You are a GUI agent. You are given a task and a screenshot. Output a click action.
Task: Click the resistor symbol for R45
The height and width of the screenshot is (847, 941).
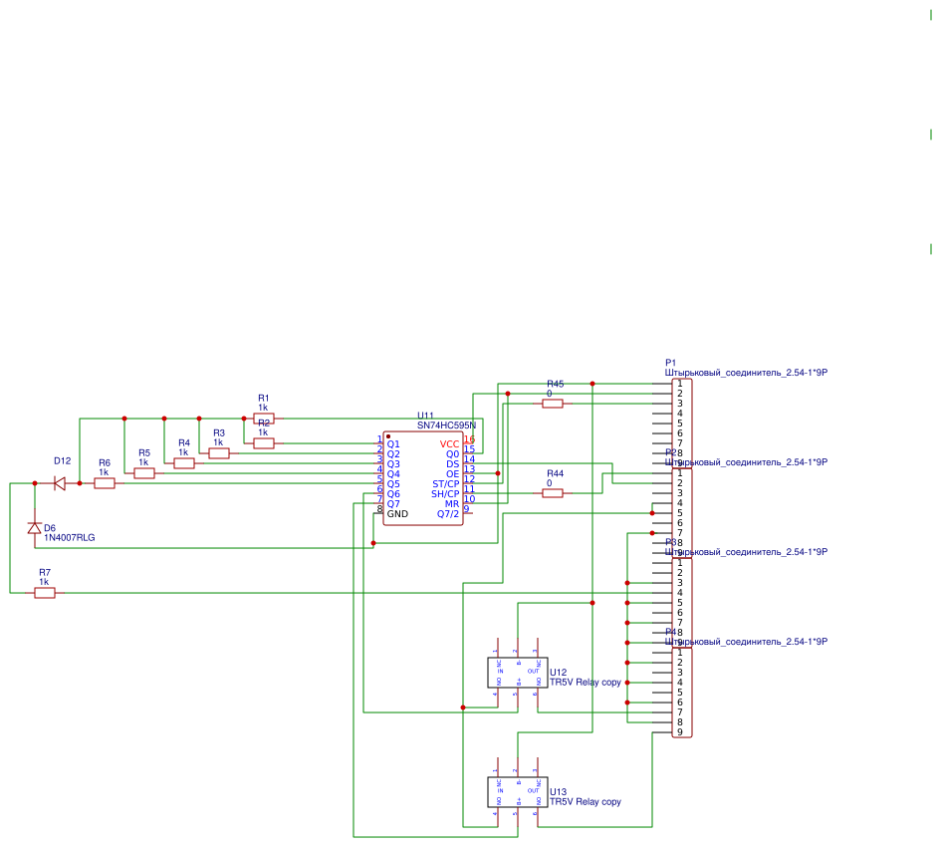553,404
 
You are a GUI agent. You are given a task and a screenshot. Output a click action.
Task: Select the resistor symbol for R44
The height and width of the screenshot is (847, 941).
553,493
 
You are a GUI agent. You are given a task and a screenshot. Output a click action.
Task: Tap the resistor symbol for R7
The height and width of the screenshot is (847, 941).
45,593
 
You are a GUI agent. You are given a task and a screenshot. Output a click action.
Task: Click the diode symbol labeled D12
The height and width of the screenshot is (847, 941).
60,483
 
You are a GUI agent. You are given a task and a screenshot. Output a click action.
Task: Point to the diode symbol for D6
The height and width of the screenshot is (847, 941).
35,528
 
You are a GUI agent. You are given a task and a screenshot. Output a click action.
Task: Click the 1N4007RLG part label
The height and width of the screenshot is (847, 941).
70,538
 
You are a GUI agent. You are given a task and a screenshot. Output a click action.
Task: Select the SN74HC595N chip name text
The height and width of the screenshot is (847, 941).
446,425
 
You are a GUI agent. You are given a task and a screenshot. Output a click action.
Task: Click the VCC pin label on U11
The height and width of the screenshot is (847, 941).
450,443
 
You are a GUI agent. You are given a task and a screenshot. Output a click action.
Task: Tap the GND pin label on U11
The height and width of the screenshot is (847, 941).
397,514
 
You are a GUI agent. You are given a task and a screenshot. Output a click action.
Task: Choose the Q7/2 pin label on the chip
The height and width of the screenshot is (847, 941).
448,514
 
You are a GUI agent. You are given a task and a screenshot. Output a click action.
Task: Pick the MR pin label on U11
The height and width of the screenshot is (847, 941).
452,504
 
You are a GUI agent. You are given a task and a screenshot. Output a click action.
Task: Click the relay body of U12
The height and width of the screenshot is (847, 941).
517,673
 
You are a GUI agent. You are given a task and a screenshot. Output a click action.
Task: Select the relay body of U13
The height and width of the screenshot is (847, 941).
517,792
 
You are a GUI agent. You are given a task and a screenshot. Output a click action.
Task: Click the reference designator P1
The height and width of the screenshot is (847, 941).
670,363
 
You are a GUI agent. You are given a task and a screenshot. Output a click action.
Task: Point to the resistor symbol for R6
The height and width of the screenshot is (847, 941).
105,483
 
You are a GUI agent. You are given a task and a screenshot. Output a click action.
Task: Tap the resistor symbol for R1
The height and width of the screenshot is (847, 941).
264,419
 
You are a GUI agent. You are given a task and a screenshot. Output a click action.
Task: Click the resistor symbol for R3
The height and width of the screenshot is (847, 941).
219,453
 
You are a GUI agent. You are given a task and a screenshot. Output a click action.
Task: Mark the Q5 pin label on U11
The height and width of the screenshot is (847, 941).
393,484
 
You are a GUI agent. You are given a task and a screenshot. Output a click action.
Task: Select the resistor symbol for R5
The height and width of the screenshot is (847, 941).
144,473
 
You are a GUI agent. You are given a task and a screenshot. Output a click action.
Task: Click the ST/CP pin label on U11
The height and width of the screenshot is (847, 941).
446,484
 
